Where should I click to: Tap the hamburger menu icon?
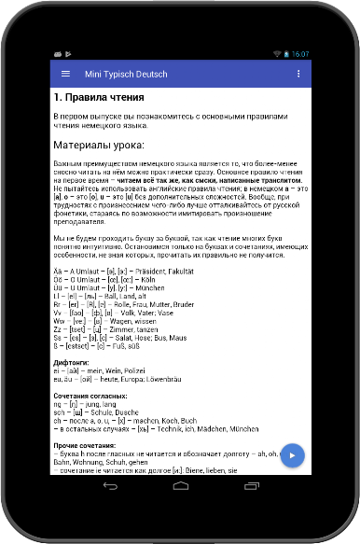(65, 73)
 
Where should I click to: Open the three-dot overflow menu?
(298, 73)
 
